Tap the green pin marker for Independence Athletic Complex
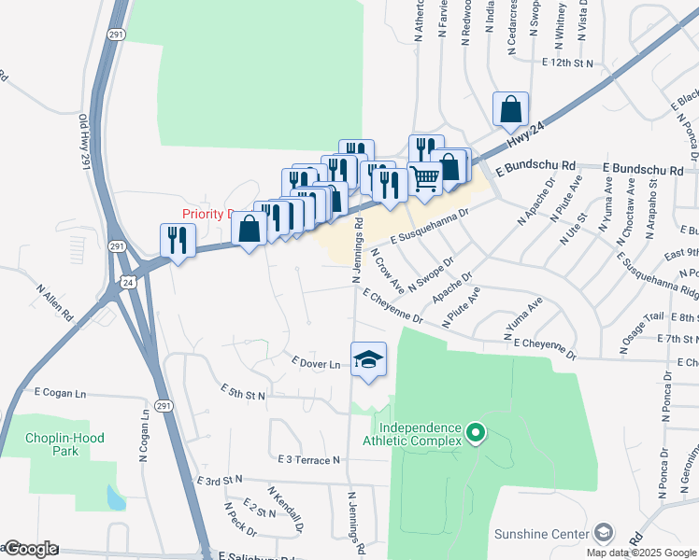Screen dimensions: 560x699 point(476,432)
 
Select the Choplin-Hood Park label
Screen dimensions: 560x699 point(64,443)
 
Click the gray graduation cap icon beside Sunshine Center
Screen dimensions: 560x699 point(604,532)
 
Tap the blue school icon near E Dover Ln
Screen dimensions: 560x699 point(369,358)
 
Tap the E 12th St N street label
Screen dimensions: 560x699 point(568,62)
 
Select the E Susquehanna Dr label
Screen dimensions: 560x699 point(431,224)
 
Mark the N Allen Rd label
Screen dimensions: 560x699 point(54,276)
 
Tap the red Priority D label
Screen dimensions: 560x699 point(207,214)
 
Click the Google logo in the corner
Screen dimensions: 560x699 point(30,550)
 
